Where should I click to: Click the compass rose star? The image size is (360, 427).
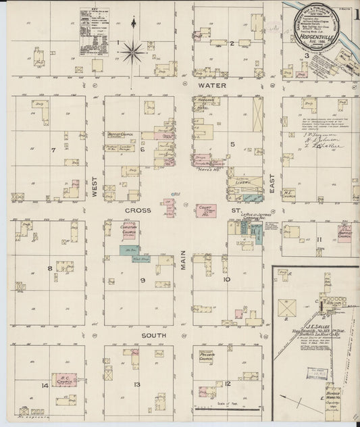(x=134, y=49)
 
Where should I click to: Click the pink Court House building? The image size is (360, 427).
(x=207, y=211)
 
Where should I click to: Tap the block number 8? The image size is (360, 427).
(x=49, y=268)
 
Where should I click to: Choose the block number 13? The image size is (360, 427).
(x=137, y=384)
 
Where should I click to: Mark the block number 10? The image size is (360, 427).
(x=227, y=278)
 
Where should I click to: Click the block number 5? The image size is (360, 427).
(x=232, y=144)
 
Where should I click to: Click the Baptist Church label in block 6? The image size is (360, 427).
(x=118, y=134)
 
